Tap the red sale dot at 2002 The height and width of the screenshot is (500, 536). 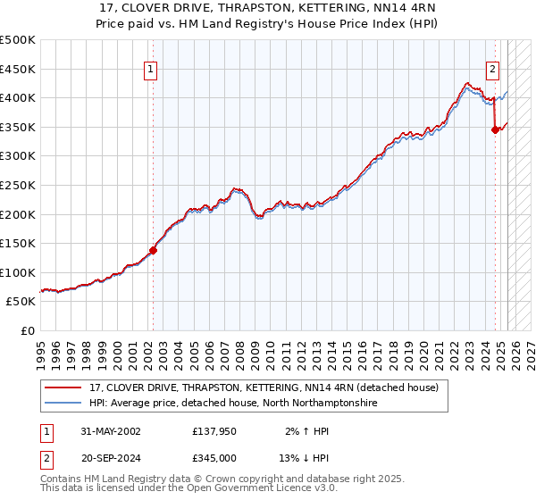point(153,250)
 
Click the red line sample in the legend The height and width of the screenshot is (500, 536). point(64,388)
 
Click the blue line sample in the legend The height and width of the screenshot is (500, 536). point(64,404)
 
